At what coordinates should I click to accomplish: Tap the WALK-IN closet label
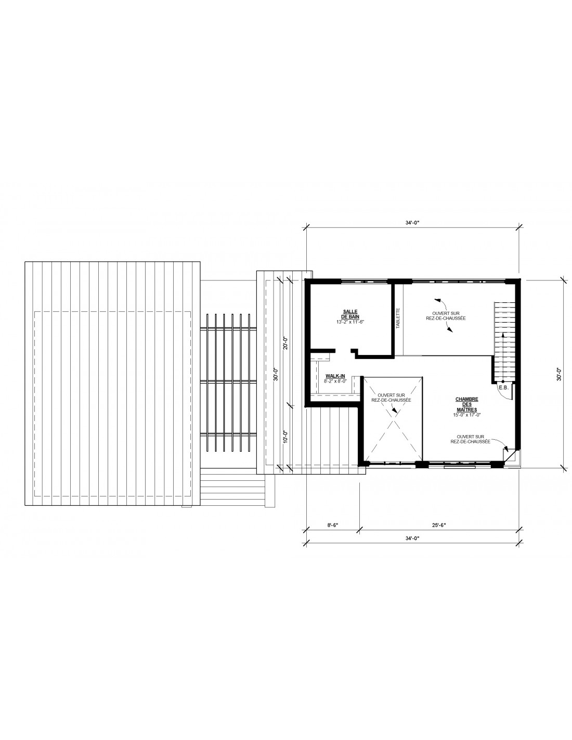335,376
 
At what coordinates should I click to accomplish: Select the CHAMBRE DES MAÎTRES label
467,404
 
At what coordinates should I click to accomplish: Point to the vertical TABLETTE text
397,318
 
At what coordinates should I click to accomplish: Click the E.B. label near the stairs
503,387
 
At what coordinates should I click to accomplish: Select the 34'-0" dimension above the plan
412,223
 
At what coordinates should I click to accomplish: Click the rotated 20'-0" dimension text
285,343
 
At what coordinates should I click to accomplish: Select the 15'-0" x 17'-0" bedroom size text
466,415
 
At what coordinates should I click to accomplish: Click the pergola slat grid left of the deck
228,382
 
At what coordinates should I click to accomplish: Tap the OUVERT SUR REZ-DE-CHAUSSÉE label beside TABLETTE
446,316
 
